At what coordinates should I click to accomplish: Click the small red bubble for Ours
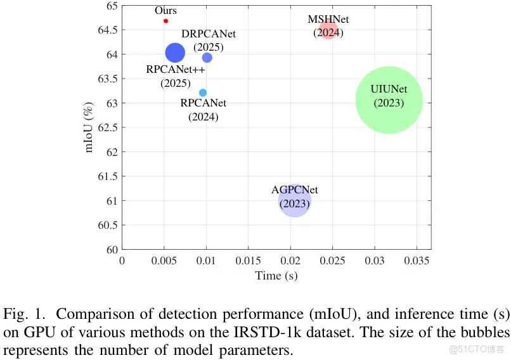(x=165, y=21)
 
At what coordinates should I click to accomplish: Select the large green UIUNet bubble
(x=389, y=100)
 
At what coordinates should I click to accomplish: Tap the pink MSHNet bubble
(x=328, y=29)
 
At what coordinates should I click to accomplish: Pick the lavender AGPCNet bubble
(x=294, y=201)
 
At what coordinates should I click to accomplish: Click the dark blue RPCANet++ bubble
(x=175, y=53)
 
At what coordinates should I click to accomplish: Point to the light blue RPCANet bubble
(x=203, y=93)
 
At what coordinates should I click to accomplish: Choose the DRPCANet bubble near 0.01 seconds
(x=207, y=58)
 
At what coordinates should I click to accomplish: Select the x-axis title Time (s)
(x=276, y=276)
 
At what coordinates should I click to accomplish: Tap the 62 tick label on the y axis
(x=112, y=152)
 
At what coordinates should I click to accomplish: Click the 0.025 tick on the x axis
(x=332, y=260)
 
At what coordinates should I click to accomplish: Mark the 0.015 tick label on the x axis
(x=248, y=260)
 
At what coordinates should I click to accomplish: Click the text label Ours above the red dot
(x=165, y=11)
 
